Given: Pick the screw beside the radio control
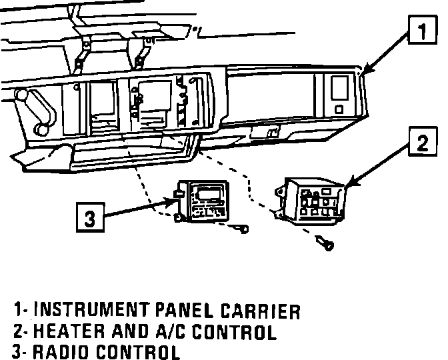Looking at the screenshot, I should pyautogui.click(x=239, y=229).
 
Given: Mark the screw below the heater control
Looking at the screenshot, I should pyautogui.click(x=326, y=245).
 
